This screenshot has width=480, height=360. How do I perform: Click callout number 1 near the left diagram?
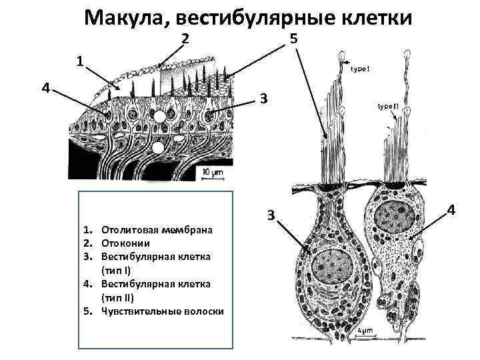(79, 61)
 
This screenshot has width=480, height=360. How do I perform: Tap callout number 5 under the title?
(293, 40)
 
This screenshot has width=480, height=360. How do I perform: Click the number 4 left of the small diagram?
(44, 87)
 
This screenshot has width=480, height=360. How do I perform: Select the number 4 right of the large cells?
(451, 211)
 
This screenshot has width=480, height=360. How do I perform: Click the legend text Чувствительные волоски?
(162, 311)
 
